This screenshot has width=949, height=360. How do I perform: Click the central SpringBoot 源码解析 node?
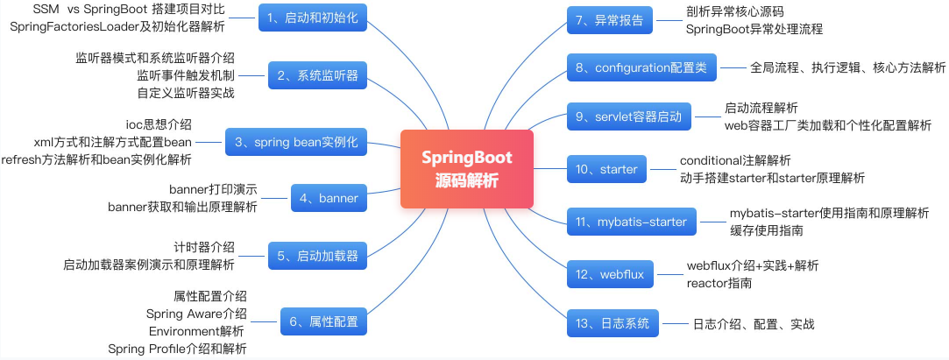(466, 169)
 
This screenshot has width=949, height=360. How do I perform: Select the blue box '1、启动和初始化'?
(313, 17)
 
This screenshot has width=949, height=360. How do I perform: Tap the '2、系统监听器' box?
(317, 75)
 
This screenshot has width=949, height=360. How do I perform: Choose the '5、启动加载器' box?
(317, 256)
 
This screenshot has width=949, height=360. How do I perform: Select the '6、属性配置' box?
(323, 321)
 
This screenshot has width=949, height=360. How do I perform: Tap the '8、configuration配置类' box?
(642, 67)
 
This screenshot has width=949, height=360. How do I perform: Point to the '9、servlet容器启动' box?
(628, 116)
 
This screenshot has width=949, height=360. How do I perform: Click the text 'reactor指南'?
(719, 283)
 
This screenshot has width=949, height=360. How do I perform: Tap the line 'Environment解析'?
(196, 331)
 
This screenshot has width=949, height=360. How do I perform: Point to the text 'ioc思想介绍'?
(159, 124)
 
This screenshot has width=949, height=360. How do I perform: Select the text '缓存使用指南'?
(767, 230)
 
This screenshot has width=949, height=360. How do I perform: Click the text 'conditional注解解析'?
(735, 161)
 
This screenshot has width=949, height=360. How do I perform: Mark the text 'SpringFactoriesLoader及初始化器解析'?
(117, 26)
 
